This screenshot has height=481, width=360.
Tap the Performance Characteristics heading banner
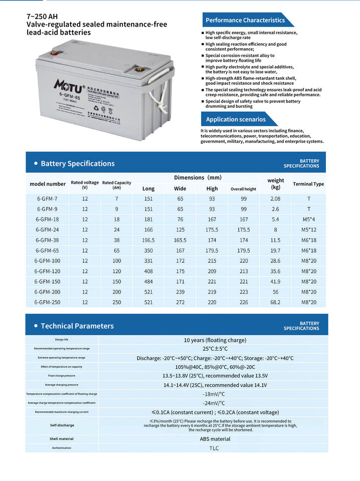click(x=245, y=20)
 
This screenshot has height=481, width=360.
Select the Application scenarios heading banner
click(x=236, y=119)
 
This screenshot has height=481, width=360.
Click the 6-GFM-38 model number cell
click(x=47, y=240)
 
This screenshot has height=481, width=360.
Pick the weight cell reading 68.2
click(x=275, y=302)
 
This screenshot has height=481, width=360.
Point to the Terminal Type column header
click(x=308, y=184)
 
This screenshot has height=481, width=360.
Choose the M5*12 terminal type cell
click(x=309, y=229)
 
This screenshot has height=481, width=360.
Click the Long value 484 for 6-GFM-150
click(x=148, y=282)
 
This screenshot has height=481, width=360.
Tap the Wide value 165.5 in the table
click(x=180, y=240)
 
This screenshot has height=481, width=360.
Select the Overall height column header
click(x=243, y=189)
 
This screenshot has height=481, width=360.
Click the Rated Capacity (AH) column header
click(x=116, y=185)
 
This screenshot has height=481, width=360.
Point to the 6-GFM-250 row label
click(x=47, y=302)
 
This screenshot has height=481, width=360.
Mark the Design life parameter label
click(x=62, y=340)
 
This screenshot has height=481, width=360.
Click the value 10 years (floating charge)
click(x=215, y=340)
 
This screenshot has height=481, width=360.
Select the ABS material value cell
click(x=215, y=438)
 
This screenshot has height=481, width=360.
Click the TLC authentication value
click(x=214, y=448)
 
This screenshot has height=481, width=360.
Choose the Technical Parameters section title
click(x=77, y=326)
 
